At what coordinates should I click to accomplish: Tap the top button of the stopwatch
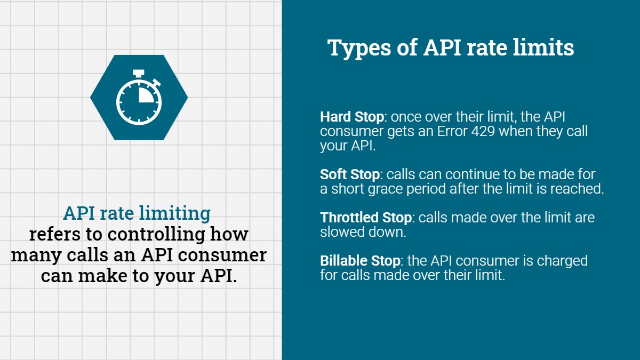tap(139, 72)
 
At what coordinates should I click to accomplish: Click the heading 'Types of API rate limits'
tap(451, 47)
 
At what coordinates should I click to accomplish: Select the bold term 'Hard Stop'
tap(351, 117)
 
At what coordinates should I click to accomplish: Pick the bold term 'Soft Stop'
tap(350, 174)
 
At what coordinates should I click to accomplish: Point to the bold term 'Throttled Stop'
tap(366, 218)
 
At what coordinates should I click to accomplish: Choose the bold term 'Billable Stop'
tap(360, 261)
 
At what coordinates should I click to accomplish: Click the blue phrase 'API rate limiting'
tap(137, 213)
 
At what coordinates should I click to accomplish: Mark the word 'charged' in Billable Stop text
tap(559, 261)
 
